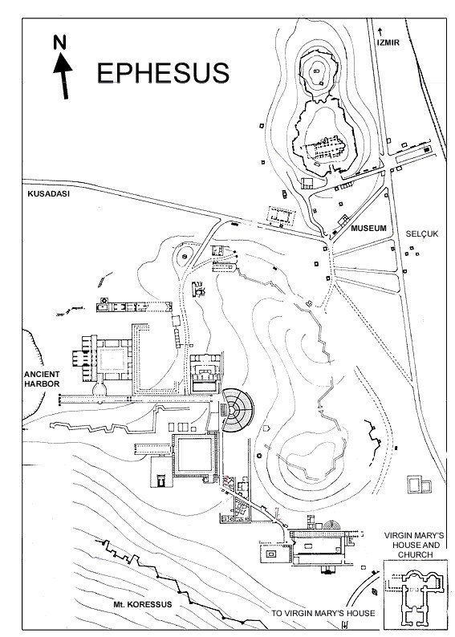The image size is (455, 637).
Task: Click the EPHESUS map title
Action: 163,73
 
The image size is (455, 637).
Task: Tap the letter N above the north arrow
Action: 59,42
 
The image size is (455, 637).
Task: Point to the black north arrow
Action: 62,75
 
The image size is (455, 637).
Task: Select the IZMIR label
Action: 388,43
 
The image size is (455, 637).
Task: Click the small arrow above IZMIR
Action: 380,31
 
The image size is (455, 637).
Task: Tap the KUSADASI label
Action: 48,194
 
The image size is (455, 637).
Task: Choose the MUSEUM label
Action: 368,229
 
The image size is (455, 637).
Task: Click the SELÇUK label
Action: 422,234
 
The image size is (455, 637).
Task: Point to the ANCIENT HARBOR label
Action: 42,379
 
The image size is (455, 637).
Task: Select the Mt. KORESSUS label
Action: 143,604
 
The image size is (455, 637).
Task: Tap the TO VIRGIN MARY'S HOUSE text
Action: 323,613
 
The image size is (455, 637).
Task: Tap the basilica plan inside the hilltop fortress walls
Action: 323,148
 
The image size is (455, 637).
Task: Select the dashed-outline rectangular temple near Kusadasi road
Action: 281,216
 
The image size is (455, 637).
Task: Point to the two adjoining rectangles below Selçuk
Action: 420,485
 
